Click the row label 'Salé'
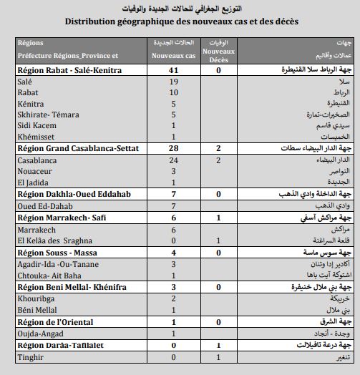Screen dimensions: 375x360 tap(25, 82)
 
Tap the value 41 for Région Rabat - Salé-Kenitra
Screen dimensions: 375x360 tap(173, 72)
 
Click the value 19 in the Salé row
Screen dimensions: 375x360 tap(173, 82)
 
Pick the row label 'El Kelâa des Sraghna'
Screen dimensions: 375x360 tap(58, 241)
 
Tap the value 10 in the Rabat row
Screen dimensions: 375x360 tap(173, 93)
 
